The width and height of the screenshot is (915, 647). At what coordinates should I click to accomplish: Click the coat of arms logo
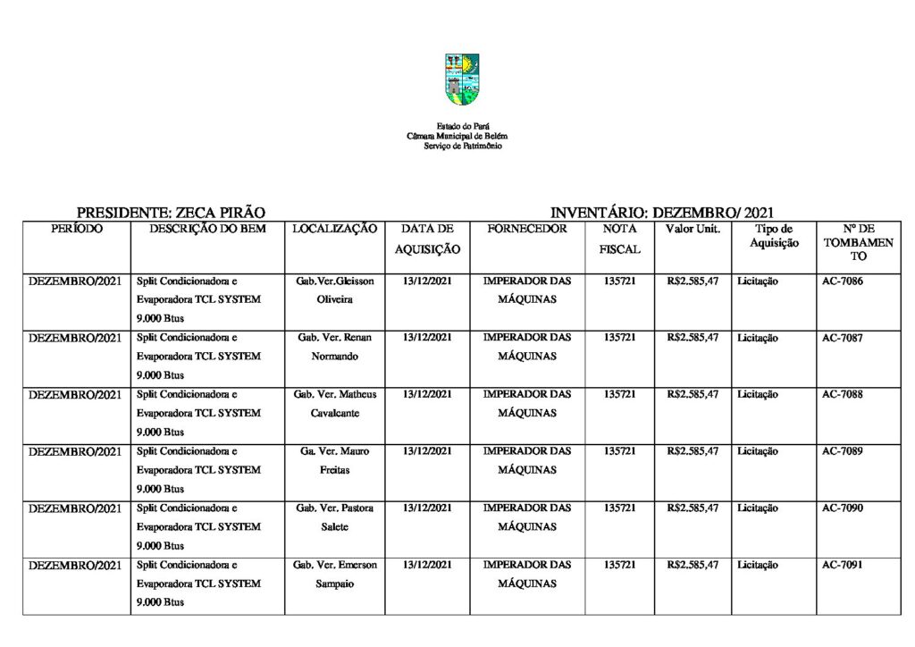462,79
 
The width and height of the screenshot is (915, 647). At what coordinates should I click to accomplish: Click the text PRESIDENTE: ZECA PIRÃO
171,213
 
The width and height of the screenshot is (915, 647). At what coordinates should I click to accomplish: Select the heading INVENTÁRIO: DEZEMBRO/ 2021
661,213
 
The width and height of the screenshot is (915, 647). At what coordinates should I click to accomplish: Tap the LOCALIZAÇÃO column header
335,230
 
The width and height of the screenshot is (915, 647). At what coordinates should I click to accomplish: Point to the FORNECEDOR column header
527,230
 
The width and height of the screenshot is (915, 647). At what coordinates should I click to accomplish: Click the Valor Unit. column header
693,230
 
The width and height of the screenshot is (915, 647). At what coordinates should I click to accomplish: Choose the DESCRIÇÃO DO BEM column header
207,230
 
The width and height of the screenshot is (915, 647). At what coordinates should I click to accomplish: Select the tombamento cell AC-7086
842,281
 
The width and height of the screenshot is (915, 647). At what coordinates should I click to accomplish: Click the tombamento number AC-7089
842,451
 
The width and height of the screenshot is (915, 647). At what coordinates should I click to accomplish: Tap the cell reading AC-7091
842,565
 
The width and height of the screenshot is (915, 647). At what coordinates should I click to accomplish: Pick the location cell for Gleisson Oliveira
335,290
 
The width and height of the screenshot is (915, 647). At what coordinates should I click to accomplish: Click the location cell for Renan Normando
335,347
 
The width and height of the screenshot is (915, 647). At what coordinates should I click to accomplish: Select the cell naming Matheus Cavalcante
335,404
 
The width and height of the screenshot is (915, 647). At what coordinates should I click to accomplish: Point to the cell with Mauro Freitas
335,460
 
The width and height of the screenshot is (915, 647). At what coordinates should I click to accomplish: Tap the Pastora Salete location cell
335,517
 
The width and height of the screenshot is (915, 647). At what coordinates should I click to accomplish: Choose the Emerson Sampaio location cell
335,574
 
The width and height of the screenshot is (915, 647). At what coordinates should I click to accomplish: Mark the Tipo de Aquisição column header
774,236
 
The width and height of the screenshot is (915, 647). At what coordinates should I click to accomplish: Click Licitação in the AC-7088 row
758,395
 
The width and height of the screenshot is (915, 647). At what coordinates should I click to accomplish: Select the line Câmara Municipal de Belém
457,136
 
